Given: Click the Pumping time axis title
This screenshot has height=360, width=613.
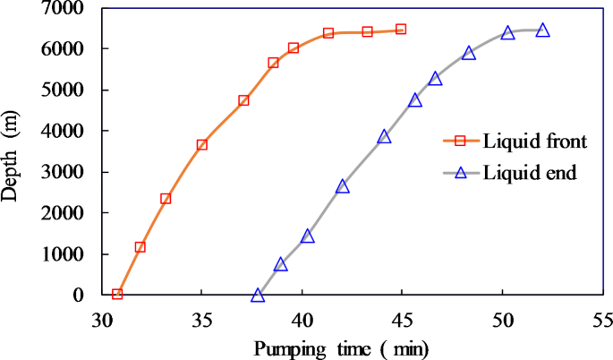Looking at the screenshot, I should [x=342, y=347].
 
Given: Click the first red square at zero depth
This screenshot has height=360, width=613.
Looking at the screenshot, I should [x=117, y=294].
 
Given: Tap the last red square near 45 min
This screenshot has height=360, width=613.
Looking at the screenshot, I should [x=401, y=30].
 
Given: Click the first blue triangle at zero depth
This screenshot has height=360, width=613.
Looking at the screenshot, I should [x=258, y=295].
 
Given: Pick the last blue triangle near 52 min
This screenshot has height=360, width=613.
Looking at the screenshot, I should [x=542, y=30].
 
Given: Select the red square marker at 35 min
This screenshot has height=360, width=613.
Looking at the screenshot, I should [x=202, y=144].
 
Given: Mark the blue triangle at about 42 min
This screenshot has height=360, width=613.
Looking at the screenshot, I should [x=343, y=186].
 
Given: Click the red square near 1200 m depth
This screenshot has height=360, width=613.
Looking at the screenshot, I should [x=140, y=247].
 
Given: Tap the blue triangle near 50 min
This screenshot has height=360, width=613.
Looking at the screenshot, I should [x=508, y=33].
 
